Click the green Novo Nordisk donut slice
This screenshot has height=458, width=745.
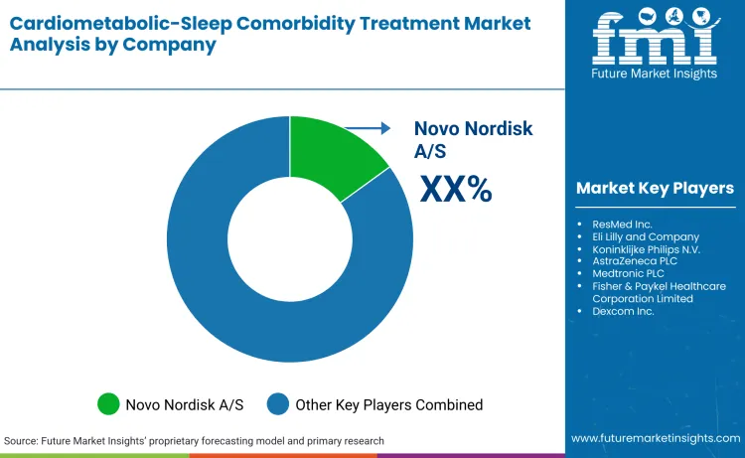[x=333, y=156]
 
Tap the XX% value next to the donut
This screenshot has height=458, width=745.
[x=456, y=189]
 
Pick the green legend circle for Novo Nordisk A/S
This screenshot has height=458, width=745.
[x=108, y=404]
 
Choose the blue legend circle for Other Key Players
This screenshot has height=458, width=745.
[x=279, y=404]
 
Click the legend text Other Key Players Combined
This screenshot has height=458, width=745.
[x=389, y=404]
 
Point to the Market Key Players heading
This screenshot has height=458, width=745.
[x=655, y=188]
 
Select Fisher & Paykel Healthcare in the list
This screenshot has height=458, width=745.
[x=661, y=285]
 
